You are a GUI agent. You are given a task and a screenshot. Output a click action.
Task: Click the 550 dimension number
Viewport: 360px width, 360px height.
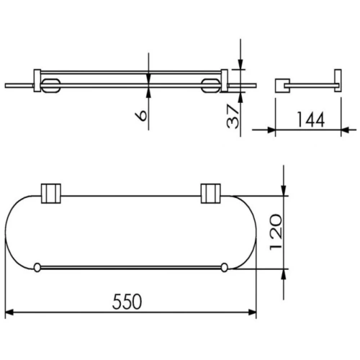(x=127, y=302)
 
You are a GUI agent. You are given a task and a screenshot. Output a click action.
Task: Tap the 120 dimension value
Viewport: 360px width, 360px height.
(x=276, y=233)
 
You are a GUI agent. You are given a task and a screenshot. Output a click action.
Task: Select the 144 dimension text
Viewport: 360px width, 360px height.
(x=311, y=120)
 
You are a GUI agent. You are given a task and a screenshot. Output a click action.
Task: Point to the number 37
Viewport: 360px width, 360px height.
(x=233, y=116)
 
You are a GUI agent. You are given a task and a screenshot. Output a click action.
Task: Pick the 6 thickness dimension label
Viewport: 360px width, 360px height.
(x=141, y=116)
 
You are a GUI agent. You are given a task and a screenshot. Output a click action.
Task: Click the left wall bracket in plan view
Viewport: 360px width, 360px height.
(x=51, y=194)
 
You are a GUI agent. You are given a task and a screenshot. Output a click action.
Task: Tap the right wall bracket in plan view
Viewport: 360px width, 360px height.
(x=210, y=194)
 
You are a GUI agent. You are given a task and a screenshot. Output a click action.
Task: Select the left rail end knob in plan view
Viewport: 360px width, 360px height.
(x=37, y=268)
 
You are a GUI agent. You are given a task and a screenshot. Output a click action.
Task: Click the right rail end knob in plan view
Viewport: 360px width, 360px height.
(x=224, y=268)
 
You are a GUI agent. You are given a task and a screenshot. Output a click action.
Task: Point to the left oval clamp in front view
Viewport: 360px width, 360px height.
(x=50, y=85)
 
